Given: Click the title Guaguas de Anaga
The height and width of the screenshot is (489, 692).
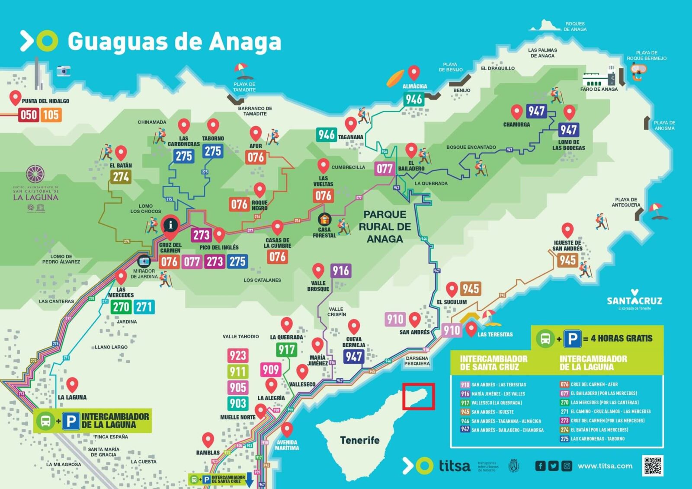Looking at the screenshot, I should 174,42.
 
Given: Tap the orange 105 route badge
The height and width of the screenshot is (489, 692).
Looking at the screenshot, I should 51,115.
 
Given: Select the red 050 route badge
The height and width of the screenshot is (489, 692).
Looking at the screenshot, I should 29,115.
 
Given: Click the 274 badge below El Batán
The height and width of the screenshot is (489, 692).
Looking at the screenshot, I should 121,177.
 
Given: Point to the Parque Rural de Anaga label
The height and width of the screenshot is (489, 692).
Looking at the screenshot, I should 384,227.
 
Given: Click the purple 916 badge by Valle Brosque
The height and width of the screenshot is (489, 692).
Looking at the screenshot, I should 341,271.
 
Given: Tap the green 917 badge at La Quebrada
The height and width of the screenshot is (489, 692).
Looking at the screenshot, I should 286,349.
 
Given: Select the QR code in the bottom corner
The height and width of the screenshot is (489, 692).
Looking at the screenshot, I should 653,466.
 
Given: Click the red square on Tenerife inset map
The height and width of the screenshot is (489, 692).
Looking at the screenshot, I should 418,396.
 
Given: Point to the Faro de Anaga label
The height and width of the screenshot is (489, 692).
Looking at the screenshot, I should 599,89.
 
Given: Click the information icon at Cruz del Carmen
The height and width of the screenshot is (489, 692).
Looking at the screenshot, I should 170,225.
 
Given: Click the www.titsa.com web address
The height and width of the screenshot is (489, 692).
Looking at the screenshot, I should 605,466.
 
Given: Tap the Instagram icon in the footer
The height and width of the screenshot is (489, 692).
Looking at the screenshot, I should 567,466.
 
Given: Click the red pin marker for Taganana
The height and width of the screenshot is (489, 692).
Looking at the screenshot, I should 351,124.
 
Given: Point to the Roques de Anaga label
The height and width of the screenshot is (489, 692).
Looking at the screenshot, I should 575,26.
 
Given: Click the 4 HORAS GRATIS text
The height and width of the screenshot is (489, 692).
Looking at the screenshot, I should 622,338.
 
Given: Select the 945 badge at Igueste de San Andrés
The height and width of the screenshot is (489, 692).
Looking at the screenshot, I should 567,260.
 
